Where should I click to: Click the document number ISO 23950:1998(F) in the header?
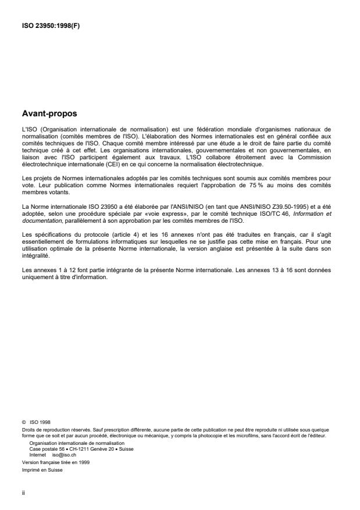pyautogui.click(x=47, y=26)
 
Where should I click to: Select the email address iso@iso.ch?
pyautogui.click(x=64, y=455)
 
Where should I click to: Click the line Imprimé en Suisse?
pyautogui.click(x=41, y=470)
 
